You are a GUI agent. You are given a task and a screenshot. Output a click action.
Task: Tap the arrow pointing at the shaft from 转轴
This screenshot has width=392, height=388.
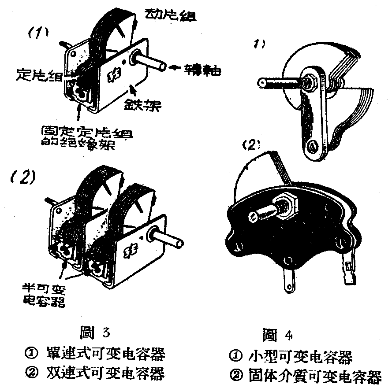pyautogui.click(x=179, y=68)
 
